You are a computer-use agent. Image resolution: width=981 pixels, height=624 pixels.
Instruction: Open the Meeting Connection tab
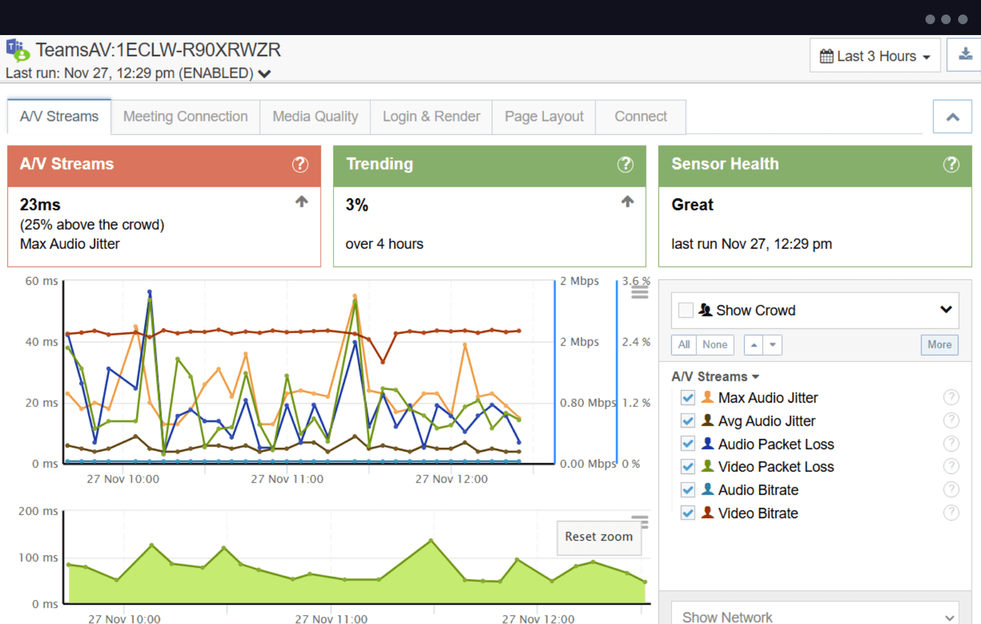[185, 117]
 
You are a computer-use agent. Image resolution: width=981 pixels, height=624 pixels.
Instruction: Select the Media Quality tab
[315, 117]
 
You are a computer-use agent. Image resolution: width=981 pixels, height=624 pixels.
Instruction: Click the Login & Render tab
[431, 117]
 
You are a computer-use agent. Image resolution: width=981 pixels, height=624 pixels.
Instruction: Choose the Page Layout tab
[544, 117]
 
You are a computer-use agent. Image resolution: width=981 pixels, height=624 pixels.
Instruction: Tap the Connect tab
[640, 117]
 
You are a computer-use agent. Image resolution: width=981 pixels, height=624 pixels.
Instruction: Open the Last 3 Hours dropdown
[875, 56]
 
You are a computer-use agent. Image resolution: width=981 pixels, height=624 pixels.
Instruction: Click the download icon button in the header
[965, 54]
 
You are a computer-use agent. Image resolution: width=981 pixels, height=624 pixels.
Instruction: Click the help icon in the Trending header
[625, 164]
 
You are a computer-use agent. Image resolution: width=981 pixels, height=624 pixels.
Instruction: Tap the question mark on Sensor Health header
[951, 164]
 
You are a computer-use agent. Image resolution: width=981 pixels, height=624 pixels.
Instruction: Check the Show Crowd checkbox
[686, 310]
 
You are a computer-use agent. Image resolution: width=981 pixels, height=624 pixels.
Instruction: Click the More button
[939, 345]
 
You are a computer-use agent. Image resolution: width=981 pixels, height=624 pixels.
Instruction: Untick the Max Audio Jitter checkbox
[687, 398]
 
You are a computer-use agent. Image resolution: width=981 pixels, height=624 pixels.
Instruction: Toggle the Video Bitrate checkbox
[687, 513]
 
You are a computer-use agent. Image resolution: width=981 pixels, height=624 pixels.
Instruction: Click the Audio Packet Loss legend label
[776, 444]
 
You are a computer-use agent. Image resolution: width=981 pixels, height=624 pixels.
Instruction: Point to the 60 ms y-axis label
[41, 281]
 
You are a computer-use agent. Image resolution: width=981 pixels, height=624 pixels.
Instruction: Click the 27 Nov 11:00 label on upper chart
[287, 479]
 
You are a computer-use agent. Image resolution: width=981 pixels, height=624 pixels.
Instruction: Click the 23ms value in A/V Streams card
[40, 205]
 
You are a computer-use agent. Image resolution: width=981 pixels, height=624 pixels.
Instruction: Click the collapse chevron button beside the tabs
[952, 117]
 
